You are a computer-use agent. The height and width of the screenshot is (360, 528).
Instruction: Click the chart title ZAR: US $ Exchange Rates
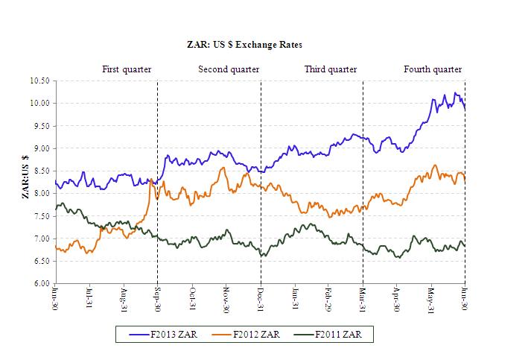[244, 45]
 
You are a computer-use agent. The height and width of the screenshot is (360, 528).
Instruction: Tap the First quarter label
[127, 69]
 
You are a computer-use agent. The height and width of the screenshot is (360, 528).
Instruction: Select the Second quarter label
[229, 69]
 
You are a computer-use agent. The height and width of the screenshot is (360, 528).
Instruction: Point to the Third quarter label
[331, 69]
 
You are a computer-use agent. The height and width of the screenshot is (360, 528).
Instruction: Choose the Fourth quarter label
[433, 69]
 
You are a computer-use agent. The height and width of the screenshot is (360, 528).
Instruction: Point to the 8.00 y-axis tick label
[42, 194]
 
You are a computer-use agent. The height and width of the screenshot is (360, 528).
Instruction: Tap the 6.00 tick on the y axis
[42, 284]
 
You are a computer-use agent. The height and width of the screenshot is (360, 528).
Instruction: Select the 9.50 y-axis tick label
[42, 126]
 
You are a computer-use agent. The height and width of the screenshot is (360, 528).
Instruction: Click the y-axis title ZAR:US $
[26, 177]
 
